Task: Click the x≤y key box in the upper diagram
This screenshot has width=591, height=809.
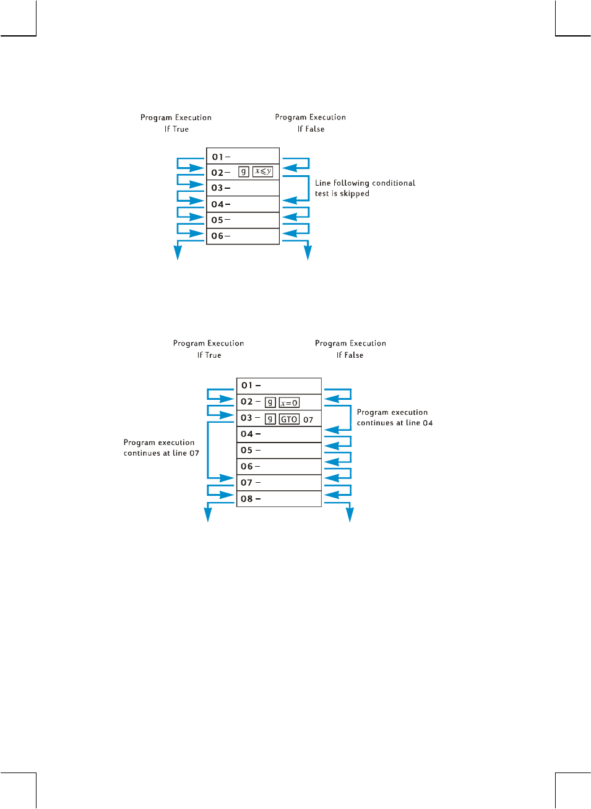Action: [262, 171]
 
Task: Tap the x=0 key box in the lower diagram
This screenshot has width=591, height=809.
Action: [289, 403]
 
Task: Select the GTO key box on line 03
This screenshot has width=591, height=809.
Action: [289, 419]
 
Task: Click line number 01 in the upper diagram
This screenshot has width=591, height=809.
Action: [218, 157]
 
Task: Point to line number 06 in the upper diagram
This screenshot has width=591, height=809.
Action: [217, 236]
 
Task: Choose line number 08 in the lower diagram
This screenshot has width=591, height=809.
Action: [247, 499]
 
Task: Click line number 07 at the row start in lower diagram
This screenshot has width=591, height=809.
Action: [247, 483]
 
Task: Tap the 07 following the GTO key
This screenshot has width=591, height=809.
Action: [308, 420]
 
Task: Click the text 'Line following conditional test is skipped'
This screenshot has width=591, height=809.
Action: [365, 188]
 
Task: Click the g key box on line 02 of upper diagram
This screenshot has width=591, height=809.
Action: [244, 171]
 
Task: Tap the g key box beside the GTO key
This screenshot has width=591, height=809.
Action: [270, 419]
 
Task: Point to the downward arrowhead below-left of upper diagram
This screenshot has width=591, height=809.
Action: [178, 253]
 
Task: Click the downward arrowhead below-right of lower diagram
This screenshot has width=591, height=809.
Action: [350, 514]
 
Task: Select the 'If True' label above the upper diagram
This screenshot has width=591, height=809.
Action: [176, 129]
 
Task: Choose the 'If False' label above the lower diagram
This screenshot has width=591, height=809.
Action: [350, 355]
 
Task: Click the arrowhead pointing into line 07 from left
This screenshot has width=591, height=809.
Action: [228, 478]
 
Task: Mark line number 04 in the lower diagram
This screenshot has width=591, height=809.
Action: [247, 434]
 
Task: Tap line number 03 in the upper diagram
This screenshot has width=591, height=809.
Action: [217, 188]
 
